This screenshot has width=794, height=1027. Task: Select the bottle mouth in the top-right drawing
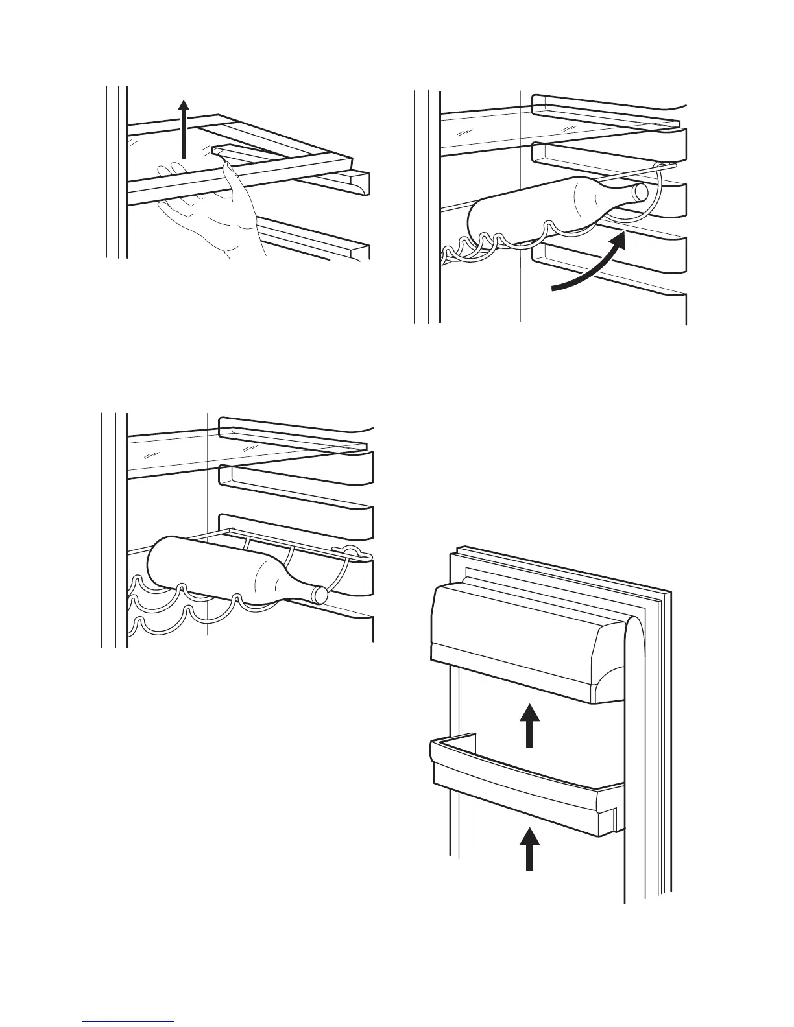(x=640, y=191)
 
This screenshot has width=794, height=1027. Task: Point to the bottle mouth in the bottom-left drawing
(x=320, y=595)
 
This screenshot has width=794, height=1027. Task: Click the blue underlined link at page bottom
(x=129, y=1021)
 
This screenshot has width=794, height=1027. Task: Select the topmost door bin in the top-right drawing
(x=610, y=107)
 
